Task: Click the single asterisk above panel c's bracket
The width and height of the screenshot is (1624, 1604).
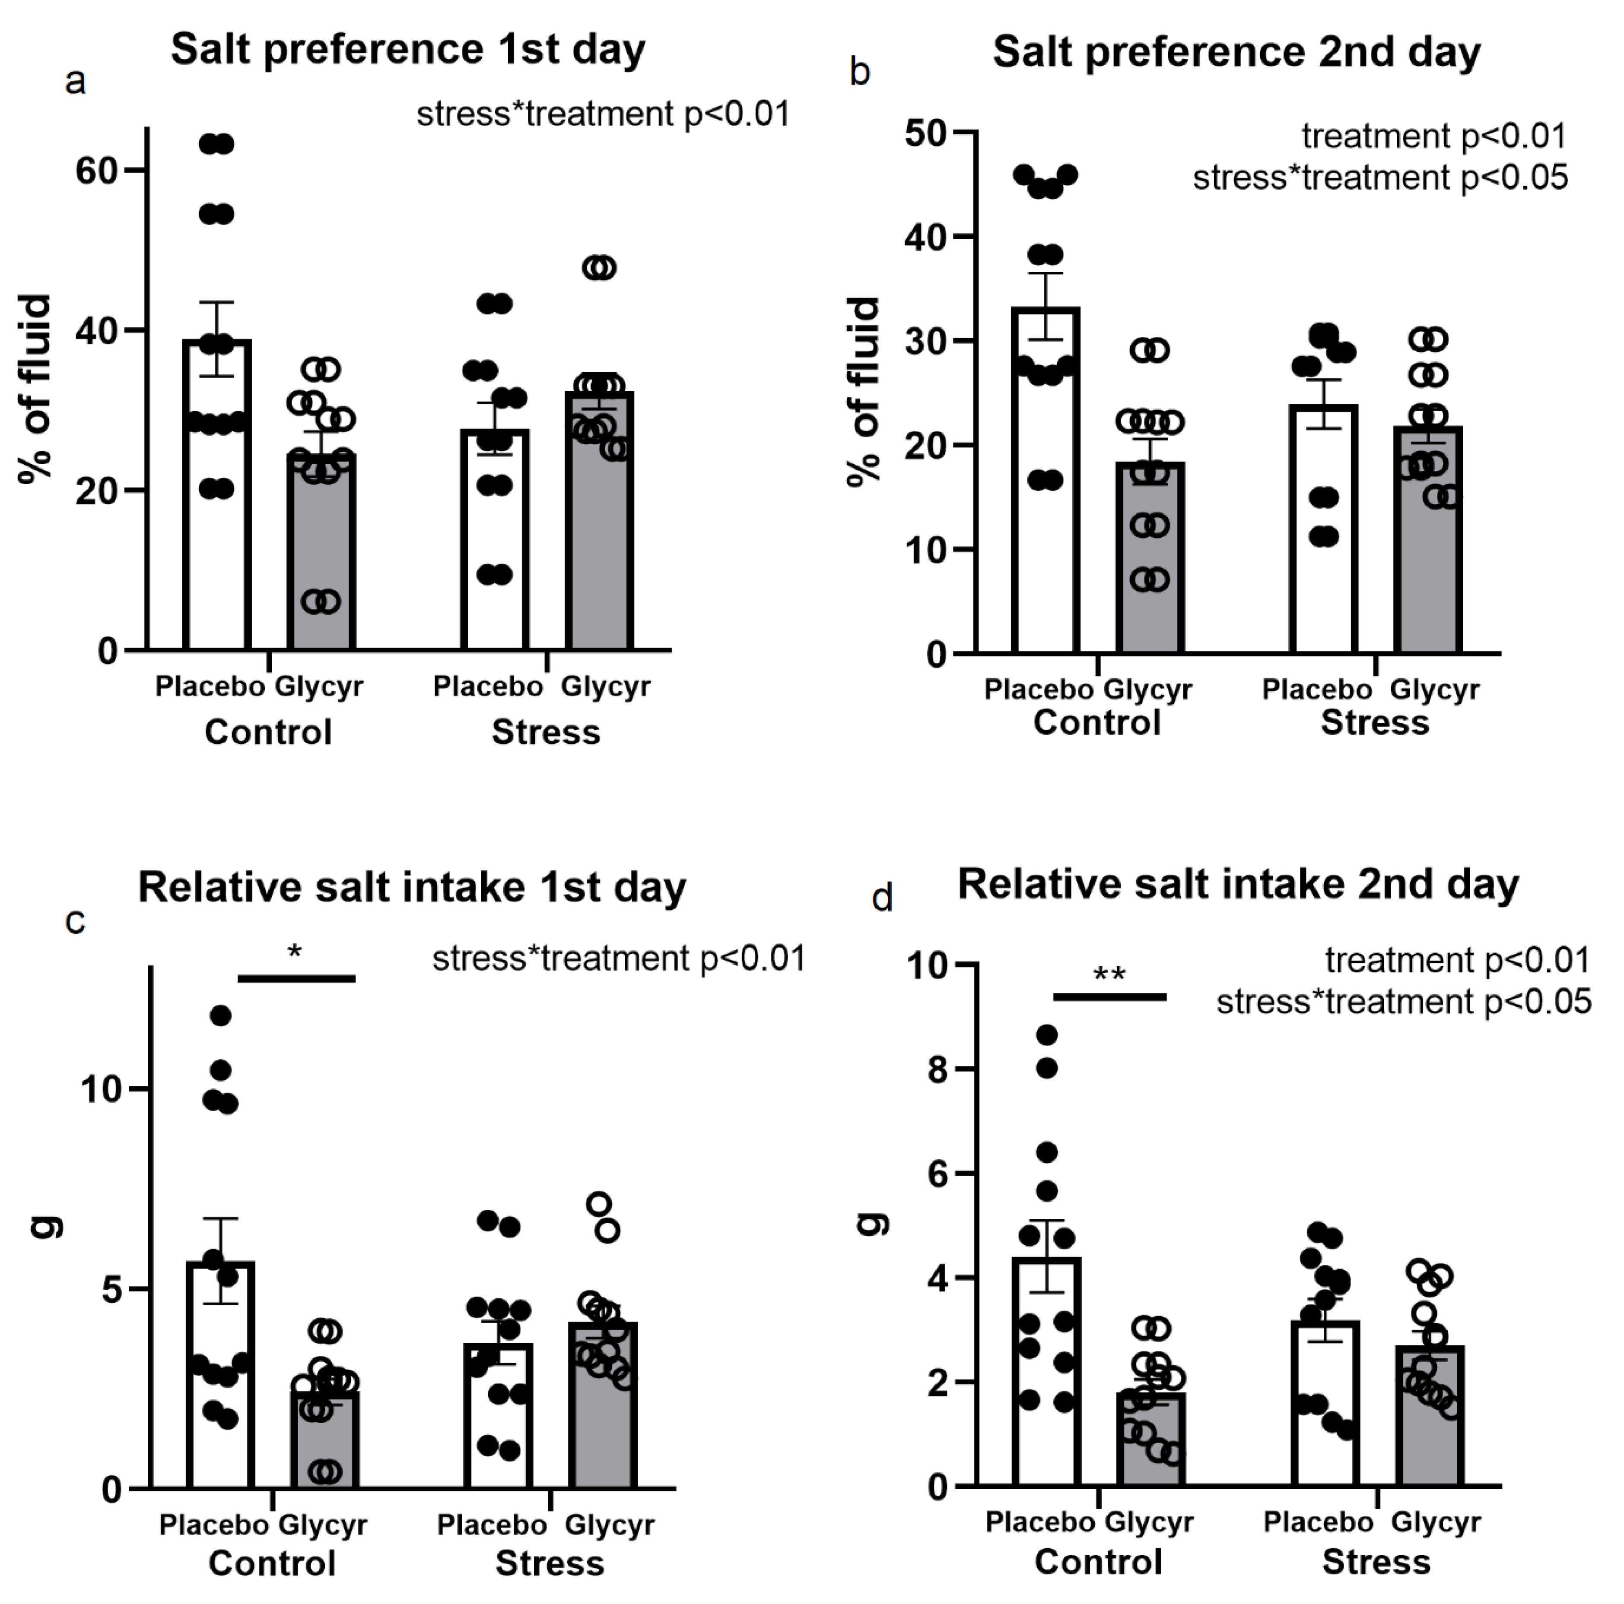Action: click(x=294, y=952)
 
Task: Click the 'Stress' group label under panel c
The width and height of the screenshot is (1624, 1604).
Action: click(x=550, y=1563)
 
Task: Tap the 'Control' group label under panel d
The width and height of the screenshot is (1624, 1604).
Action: click(x=1098, y=1561)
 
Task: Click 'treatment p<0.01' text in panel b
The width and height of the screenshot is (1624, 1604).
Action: click(x=1434, y=136)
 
